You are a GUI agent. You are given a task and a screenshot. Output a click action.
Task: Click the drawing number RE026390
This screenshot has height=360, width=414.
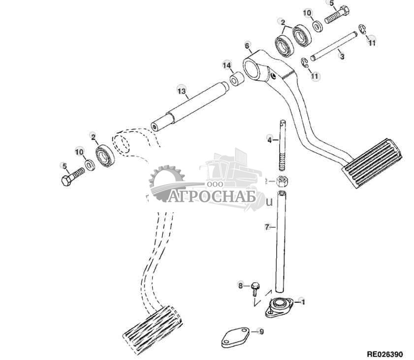coord(384,354)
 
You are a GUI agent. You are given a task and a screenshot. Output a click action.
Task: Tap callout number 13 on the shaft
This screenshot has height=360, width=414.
coord(182,91)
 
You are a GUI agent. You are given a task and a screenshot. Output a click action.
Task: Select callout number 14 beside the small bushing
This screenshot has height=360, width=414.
coord(226,65)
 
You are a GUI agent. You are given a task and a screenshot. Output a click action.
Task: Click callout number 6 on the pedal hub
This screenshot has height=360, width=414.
coord(248,46)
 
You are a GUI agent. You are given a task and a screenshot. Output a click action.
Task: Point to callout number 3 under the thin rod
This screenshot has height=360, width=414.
coord(342,57)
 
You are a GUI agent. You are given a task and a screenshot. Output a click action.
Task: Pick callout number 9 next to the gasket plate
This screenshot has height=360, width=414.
coord(261,332)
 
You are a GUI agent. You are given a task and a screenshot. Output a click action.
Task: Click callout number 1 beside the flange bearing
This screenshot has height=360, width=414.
coord(303,301)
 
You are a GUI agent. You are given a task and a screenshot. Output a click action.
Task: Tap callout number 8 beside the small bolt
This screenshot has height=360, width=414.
coord(241,285)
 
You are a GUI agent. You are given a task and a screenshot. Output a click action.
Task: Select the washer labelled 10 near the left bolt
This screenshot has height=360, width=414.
coord(91,165)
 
